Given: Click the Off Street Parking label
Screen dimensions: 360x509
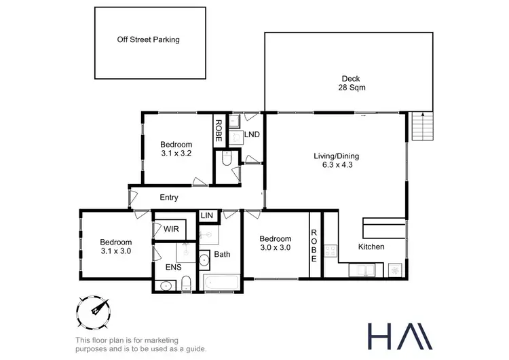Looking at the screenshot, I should tap(148, 39).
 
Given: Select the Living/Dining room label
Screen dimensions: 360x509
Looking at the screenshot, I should tap(337, 156).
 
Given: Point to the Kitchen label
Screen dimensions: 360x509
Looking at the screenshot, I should tap(371, 247).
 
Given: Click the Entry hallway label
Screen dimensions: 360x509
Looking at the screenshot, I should tap(169, 198).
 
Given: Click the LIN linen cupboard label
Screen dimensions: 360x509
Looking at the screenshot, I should tap(207, 216).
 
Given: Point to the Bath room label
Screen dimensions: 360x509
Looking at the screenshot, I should tap(223, 255).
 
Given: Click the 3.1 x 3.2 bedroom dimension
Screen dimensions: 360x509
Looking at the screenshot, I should tap(176, 154).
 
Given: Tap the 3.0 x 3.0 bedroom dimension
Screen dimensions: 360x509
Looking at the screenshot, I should tap(275, 248).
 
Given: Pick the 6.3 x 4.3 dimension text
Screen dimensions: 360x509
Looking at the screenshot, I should tap(337, 164).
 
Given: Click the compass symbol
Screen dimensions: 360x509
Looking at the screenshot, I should tap(94, 312).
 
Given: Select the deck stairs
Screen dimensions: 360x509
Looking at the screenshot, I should tap(421, 126).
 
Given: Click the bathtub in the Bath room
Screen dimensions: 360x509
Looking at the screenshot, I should tap(221, 283).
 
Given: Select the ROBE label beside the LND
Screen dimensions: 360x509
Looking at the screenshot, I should tap(219, 129).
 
